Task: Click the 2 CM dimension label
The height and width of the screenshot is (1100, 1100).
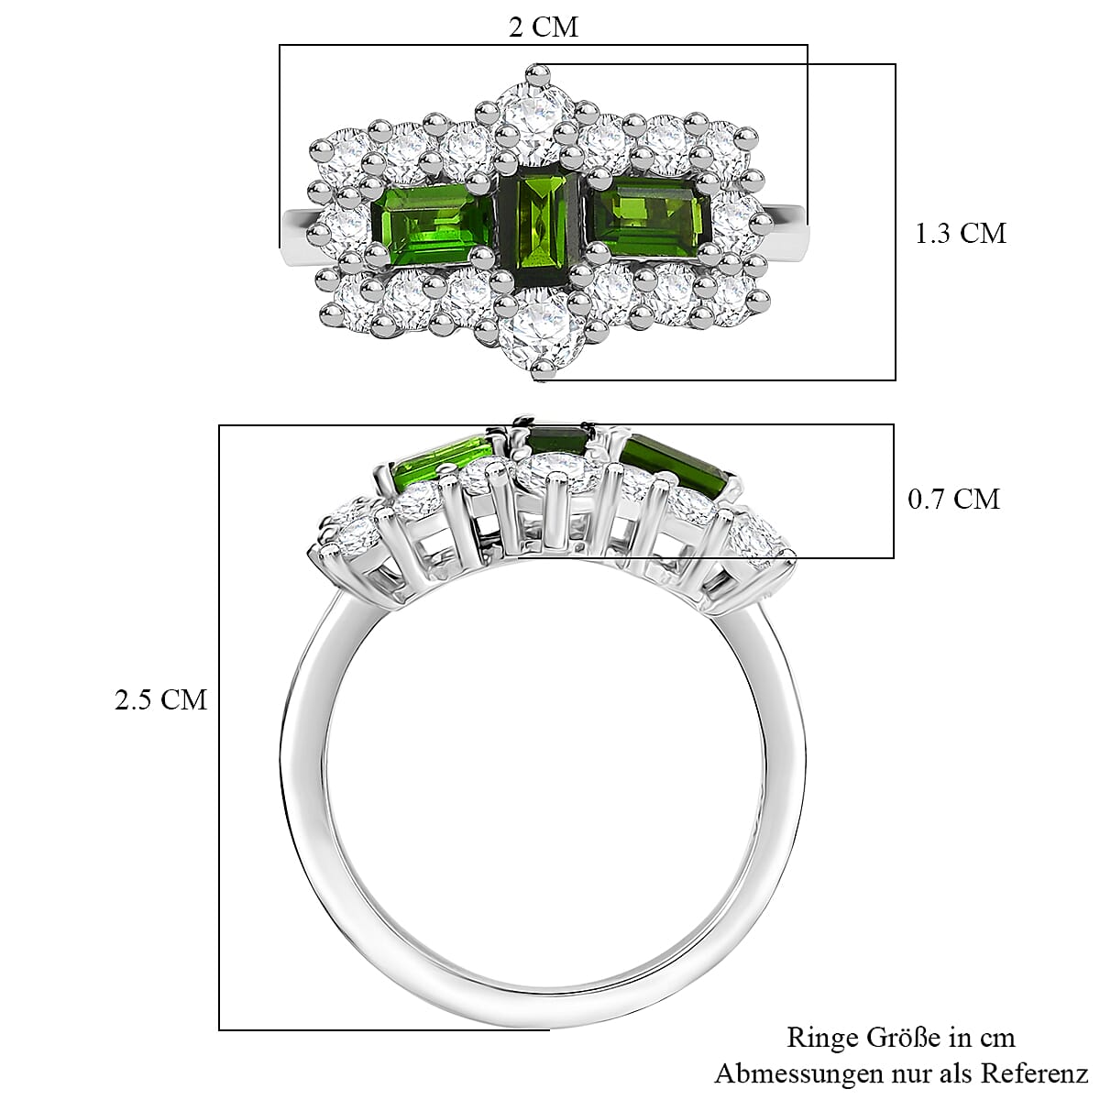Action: [x=544, y=27]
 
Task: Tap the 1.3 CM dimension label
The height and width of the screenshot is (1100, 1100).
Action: [x=960, y=234]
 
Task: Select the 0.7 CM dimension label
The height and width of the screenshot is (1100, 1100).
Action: [x=953, y=499]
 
